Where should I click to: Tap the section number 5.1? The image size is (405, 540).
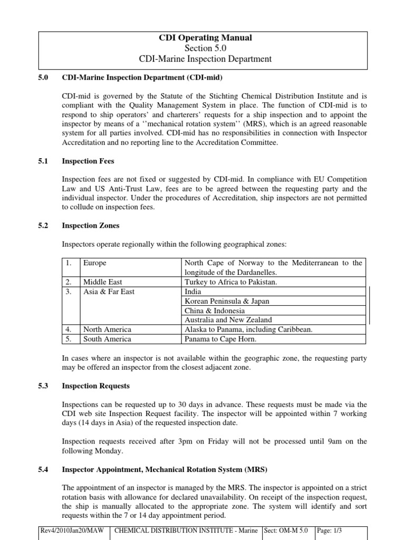[44, 161]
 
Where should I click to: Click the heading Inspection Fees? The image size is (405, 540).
[88, 161]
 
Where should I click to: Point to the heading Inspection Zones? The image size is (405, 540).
[91, 225]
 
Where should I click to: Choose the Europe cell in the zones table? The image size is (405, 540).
[95, 263]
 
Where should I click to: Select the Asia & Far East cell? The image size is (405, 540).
[105, 292]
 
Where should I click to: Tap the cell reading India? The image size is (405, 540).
[193, 292]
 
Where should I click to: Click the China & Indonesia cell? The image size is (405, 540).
[214, 311]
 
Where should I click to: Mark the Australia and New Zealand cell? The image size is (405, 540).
[228, 320]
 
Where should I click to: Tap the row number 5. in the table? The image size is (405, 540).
[69, 339]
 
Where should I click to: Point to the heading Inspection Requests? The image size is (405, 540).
[95, 385]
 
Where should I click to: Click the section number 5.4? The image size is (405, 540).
[44, 469]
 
